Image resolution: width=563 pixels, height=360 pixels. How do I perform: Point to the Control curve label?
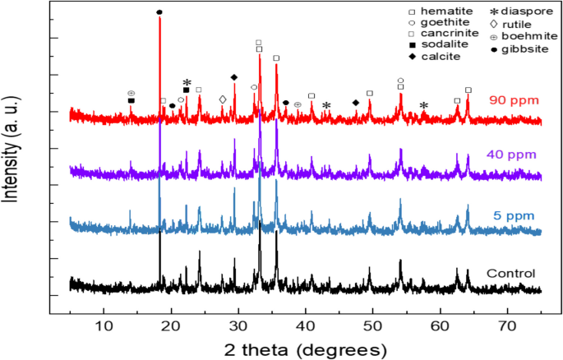coord(511,274)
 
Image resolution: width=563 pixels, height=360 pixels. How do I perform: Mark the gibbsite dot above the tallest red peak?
coord(159,12)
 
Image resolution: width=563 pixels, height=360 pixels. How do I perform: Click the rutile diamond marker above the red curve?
coord(223,99)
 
